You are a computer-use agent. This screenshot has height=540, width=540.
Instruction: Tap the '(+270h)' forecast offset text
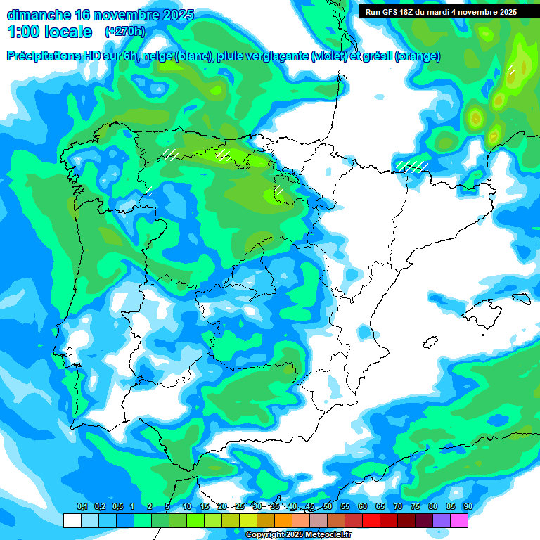click(x=125, y=31)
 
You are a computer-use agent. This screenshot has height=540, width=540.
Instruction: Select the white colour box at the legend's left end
click(x=72, y=520)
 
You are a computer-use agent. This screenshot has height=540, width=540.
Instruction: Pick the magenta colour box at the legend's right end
click(x=459, y=520)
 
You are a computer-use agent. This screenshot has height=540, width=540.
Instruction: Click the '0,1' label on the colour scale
click(x=82, y=507)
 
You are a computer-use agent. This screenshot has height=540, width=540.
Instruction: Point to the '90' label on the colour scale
click(x=468, y=507)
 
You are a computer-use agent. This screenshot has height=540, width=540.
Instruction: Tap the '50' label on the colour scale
click(x=328, y=507)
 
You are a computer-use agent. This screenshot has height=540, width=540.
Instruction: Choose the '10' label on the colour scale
click(x=187, y=507)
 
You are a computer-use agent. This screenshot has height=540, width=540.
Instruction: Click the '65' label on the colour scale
click(x=380, y=507)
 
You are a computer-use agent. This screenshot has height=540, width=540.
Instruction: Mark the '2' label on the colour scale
click(x=150, y=507)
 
